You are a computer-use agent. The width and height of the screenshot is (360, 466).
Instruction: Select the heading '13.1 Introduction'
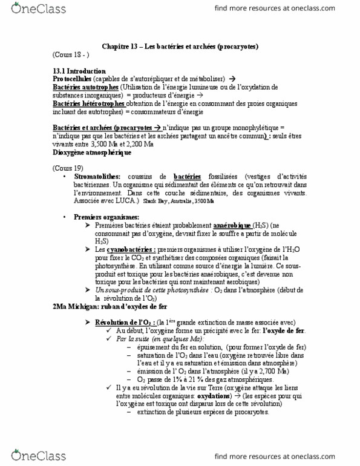(79, 71)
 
